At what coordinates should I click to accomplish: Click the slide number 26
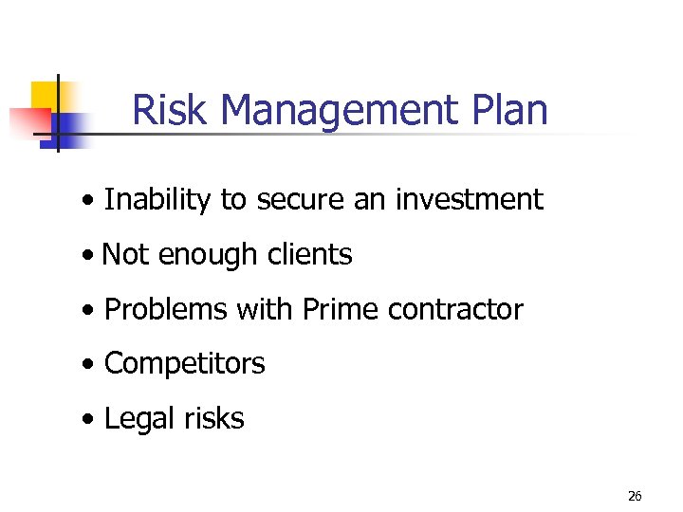click(635, 496)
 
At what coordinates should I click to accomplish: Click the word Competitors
click(184, 364)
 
